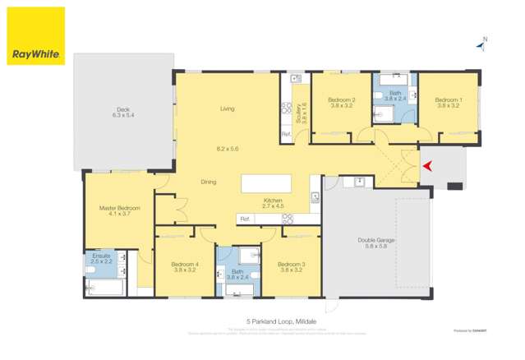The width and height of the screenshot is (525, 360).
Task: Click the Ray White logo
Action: pos(35,36)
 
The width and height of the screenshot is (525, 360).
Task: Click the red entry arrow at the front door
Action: pos(426,168)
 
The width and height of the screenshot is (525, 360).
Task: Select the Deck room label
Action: pos(122,109)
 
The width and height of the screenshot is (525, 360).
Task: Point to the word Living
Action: pos(227,108)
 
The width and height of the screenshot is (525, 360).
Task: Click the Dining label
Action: pos(209,182)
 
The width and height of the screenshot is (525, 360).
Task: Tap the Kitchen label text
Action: pos(273,201)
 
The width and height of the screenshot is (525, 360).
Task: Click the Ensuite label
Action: pos(101,256)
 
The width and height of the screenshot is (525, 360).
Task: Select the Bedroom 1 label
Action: pos(449,100)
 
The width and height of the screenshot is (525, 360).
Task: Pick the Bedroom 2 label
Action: pos(342,100)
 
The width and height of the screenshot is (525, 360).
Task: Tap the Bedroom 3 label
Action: pos(292,263)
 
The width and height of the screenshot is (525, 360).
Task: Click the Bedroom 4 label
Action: pos(185,263)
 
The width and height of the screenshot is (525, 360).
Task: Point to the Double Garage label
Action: pos(376,240)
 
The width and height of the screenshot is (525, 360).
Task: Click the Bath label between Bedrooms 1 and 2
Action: pos(395,94)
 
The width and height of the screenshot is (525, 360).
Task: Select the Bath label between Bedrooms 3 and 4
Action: pos(237,271)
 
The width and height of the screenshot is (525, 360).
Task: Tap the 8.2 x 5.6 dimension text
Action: pos(227,149)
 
